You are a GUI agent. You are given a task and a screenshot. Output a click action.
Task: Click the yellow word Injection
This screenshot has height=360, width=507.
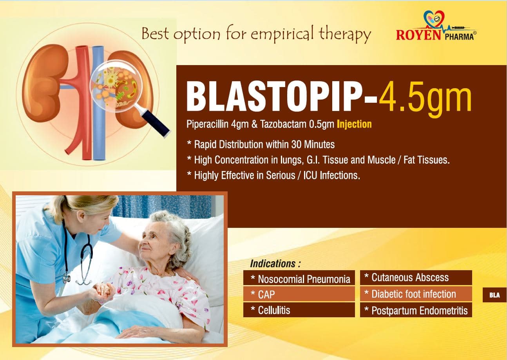354,125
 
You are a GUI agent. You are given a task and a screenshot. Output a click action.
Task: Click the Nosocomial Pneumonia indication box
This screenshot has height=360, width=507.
299,278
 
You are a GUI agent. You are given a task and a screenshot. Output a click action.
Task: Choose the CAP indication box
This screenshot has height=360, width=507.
299,294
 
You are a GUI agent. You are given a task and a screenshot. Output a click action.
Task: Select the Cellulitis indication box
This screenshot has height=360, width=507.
299,310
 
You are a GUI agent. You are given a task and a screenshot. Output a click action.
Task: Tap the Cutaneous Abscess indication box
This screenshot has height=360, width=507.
416,278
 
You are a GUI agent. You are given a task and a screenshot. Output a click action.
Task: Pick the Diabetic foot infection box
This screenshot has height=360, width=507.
416,294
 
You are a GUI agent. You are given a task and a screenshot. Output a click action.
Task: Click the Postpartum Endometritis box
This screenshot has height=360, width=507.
416,310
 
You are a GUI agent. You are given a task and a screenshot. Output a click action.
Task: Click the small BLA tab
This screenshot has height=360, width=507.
494,295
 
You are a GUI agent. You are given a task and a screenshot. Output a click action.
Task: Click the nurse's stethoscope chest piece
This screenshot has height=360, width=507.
66,278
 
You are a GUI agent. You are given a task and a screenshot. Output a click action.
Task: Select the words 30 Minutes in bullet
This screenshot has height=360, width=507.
313,144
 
